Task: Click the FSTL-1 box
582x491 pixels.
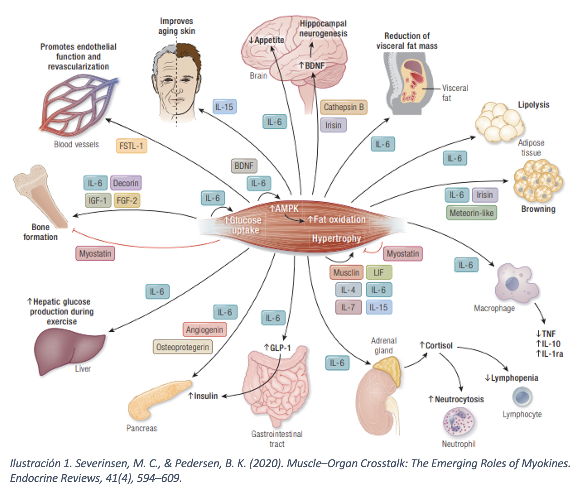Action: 131,146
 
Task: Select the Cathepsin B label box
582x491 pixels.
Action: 344,107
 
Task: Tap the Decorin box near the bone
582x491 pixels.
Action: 126,183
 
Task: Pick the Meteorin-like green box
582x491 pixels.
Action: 472,213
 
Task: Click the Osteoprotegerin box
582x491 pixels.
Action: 183,347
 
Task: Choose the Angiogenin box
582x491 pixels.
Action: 204,330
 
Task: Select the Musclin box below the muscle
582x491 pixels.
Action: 346,273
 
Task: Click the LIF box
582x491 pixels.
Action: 379,273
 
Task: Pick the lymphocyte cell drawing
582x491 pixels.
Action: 522,397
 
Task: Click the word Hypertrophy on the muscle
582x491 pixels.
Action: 336,239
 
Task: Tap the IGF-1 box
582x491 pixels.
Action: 98,201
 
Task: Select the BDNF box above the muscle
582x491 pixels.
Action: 244,166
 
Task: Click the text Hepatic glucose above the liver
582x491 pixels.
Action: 61,302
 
